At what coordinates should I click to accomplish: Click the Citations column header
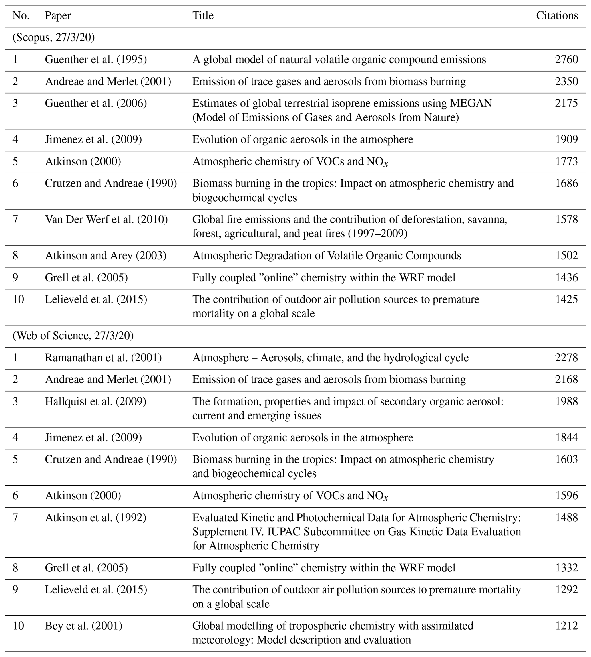(x=557, y=16)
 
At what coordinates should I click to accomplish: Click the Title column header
(x=203, y=16)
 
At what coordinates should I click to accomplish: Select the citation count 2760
(x=566, y=60)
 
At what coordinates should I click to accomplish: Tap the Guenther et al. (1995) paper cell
(x=96, y=60)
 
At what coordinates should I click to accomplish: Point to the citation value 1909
(x=566, y=139)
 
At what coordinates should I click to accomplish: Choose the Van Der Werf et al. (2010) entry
(x=106, y=220)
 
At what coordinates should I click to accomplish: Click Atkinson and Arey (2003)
(x=106, y=256)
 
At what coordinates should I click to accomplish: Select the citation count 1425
(x=566, y=299)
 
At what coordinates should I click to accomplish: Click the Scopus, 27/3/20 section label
(x=53, y=38)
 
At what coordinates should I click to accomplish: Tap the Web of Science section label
(x=73, y=336)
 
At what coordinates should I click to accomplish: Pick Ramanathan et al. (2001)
(x=103, y=358)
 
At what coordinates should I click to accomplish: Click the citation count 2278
(x=566, y=358)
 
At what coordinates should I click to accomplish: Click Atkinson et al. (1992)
(x=95, y=518)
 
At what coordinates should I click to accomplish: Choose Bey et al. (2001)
(x=83, y=626)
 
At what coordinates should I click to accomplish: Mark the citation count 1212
(x=566, y=626)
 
